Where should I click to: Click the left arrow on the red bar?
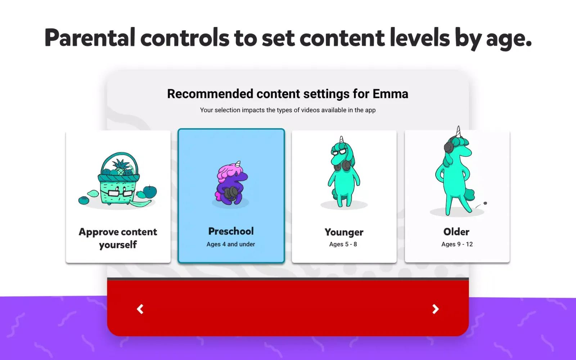pos(140,309)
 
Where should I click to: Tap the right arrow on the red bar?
pos(435,309)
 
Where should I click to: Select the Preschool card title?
pos(231,231)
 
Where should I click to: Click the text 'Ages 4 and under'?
pos(231,244)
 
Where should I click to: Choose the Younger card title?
pos(344,232)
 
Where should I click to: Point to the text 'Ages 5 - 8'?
pos(343,244)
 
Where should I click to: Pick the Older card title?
pos(456,232)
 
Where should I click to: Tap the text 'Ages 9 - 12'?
pos(457,244)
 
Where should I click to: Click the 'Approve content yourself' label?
pos(118,238)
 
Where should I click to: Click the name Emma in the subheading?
pos(390,94)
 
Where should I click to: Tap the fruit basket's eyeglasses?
pos(120,193)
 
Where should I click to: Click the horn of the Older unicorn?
pos(458,132)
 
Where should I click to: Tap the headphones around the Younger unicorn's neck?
pos(342,166)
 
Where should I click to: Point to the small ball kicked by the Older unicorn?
pos(485,203)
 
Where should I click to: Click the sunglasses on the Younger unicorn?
pos(339,152)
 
